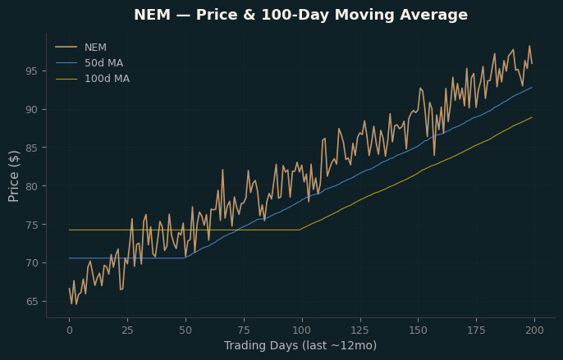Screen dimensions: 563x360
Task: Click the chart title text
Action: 301,15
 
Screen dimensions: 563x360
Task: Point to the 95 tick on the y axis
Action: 31,71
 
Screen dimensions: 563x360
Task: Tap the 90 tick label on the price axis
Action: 31,109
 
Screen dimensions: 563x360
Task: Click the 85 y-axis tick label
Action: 31,148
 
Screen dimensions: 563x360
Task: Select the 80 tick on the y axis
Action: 31,186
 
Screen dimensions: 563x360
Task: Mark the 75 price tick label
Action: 31,225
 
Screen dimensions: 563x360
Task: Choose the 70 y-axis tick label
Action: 31,263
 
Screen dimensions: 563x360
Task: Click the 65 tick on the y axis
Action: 31,302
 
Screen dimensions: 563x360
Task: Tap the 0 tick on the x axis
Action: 69,330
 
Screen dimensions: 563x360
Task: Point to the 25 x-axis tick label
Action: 127,330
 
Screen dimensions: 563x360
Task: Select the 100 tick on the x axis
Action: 302,330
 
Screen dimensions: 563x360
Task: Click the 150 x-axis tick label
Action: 418,330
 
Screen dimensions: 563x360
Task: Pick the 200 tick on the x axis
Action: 534,330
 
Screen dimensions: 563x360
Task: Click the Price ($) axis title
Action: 13,176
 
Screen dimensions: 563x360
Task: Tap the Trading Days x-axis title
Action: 300,345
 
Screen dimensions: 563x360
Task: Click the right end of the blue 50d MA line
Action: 532,87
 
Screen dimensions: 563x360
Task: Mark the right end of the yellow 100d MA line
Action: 532,117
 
